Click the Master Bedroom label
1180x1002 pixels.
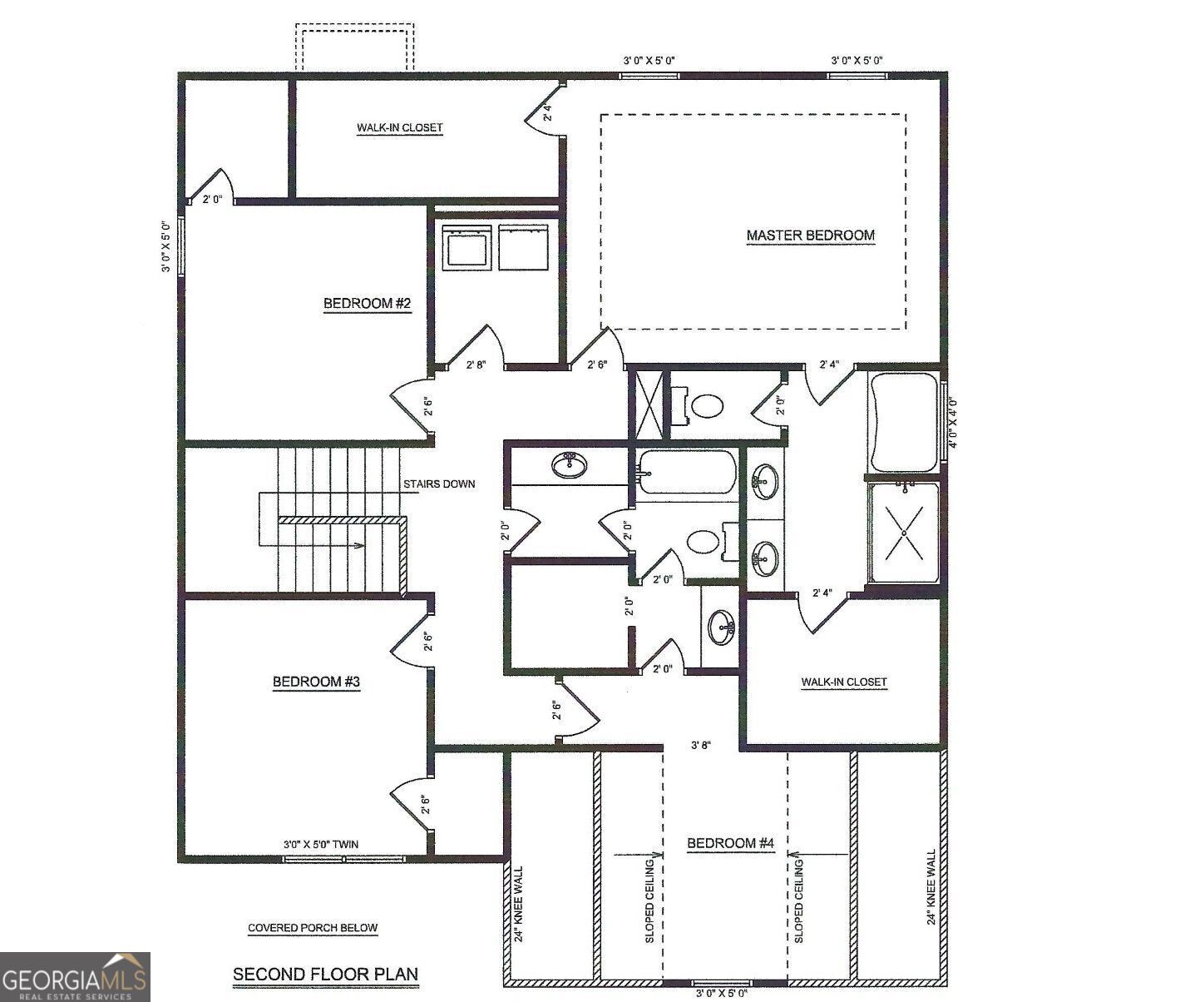click(810, 236)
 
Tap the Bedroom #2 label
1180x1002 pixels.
click(367, 304)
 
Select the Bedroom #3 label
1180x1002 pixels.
click(316, 682)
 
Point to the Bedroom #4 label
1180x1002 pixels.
click(730, 844)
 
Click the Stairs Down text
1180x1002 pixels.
click(439, 484)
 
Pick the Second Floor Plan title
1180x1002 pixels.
click(325, 974)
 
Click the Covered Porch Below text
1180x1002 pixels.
click(313, 928)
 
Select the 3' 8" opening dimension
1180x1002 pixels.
click(701, 746)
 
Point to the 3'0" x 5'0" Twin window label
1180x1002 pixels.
click(321, 844)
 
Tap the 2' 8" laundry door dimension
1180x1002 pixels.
click(475, 365)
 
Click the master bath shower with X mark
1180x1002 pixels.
click(904, 533)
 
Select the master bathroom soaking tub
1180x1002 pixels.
click(903, 422)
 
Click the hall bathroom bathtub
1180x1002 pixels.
click(688, 472)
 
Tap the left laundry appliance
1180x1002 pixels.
click(466, 246)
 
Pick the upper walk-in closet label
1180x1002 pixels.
click(400, 128)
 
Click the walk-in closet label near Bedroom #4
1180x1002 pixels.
click(844, 682)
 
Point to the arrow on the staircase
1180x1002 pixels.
click(358, 546)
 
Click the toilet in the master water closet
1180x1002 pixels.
click(705, 405)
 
